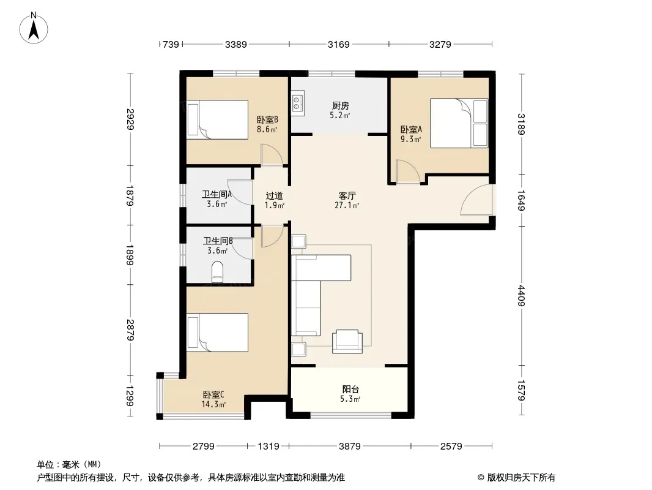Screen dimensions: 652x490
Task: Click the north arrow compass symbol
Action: pos(34,28)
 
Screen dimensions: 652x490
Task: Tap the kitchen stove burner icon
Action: pos(297,104)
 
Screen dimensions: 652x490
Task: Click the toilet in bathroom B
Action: pos(218,272)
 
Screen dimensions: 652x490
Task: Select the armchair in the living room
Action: pos(347,341)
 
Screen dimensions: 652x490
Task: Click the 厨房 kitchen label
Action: pos(340,106)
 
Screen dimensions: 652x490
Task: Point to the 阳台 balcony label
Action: pos(350,390)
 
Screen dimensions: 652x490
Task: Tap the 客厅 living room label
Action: pos(347,195)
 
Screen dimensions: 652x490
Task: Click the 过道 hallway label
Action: pos(275,195)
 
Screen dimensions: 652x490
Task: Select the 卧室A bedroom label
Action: pos(411,129)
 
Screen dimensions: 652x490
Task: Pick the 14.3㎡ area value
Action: pos(213,404)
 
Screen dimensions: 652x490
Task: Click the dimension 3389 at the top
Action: pos(235,44)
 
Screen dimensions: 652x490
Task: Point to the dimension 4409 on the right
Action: pos(522,296)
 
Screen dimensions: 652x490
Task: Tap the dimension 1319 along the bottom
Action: pos(269,447)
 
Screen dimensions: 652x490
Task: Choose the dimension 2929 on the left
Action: pos(130,119)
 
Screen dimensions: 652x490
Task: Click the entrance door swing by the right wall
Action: pos(476,200)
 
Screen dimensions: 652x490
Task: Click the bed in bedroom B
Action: pos(218,119)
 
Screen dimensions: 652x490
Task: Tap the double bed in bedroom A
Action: pos(459,123)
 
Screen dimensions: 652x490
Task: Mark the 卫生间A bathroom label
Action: pos(217,194)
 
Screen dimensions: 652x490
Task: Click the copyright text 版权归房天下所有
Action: pos(521,478)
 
